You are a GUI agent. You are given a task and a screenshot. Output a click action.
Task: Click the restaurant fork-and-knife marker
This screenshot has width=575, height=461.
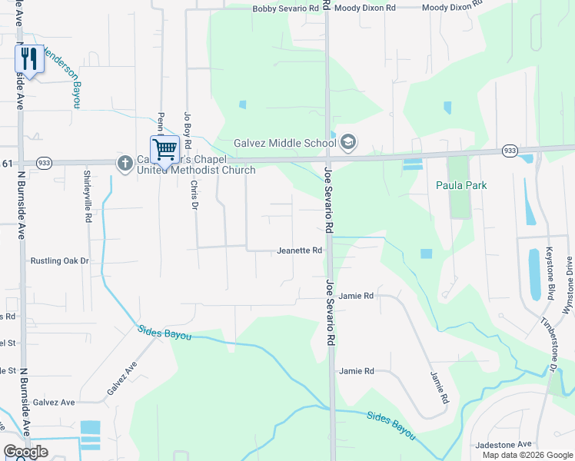pyautogui.click(x=29, y=59)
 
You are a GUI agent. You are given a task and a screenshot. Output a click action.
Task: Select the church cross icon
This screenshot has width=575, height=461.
pyautogui.click(x=125, y=162)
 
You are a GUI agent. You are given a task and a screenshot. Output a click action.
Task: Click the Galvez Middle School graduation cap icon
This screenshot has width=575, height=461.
pyautogui.click(x=348, y=142)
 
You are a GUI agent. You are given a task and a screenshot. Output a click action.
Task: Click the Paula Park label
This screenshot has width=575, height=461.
pyautogui.click(x=461, y=185)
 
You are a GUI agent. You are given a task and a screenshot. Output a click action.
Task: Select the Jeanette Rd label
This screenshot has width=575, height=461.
pyautogui.click(x=299, y=250)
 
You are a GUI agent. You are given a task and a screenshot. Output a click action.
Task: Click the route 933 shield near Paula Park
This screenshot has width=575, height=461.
pyautogui.click(x=510, y=151)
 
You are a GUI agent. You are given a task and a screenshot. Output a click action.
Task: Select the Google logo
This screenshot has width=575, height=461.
pyautogui.click(x=25, y=452)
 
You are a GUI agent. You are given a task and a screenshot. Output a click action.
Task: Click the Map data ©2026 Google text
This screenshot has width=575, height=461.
pyautogui.click(x=527, y=455)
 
